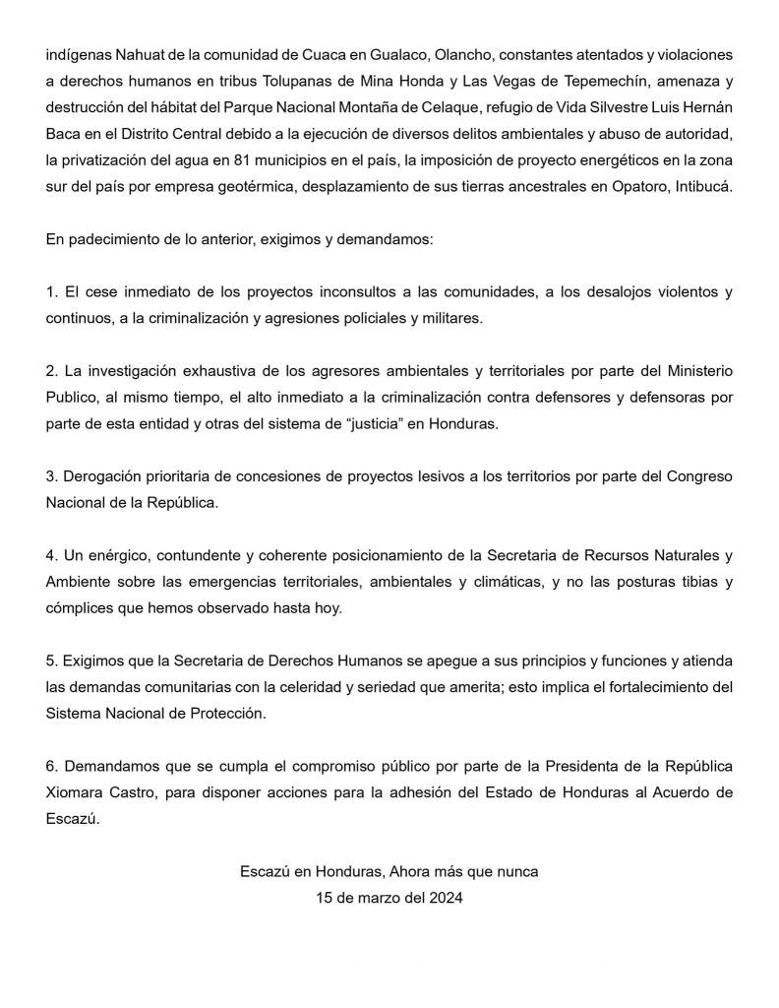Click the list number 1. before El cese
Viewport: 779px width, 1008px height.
tap(52, 292)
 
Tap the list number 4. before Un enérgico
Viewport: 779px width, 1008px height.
tap(52, 554)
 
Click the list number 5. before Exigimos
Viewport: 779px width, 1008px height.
tap(52, 661)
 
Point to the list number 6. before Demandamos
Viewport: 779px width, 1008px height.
tap(52, 767)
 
